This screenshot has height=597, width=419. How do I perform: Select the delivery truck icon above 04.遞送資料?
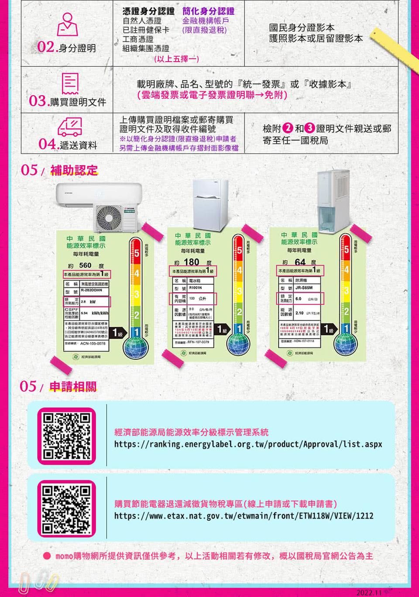tap(70, 127)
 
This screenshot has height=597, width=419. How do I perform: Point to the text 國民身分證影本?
tap(302, 28)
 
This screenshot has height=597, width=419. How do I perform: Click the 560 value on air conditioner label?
tap(85, 266)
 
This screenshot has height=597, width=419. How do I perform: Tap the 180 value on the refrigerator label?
tap(192, 262)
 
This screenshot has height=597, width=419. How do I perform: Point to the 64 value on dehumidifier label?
tap(300, 262)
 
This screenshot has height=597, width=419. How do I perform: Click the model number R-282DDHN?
tap(91, 290)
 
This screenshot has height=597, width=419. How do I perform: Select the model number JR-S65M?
tap(304, 288)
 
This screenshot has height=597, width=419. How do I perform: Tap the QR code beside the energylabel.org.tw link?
tap(66, 436)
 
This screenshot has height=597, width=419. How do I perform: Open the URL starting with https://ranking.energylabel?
tap(248, 445)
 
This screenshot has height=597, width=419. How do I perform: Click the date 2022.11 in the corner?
tap(369, 592)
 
